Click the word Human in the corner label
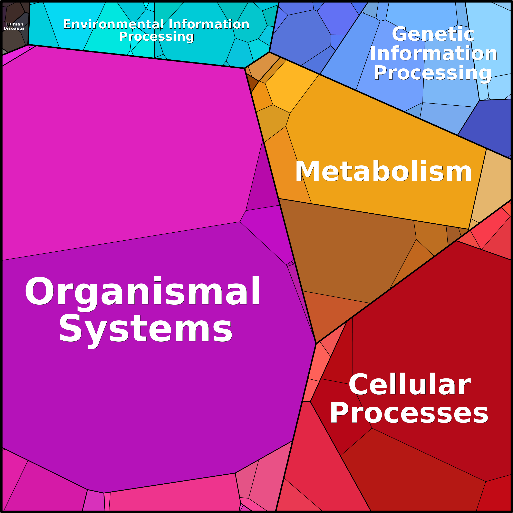pos(15,24)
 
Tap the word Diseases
pos(14,28)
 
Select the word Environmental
pos(113,25)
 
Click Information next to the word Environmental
pos(209,25)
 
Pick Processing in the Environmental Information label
pos(156,37)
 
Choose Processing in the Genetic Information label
pos(433,73)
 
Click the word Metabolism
pos(383,171)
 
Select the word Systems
pos(146,329)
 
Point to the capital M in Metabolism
pos(308,171)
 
